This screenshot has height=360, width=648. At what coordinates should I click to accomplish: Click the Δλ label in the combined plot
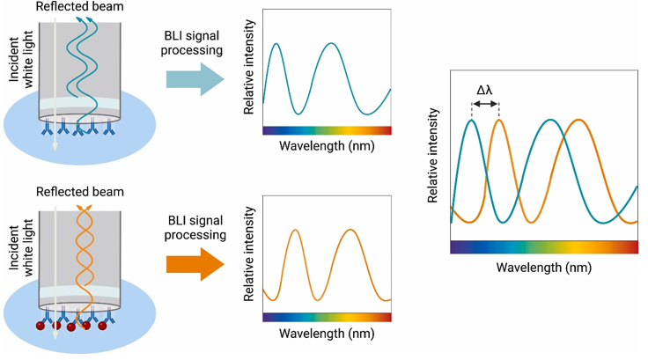click(485, 90)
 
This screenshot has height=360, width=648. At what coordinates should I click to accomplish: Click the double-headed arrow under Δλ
click(486, 105)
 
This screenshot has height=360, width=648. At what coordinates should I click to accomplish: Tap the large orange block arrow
click(195, 263)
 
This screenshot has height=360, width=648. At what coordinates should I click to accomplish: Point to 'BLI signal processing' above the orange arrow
click(195, 225)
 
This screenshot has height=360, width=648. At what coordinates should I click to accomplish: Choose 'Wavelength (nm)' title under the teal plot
click(326, 145)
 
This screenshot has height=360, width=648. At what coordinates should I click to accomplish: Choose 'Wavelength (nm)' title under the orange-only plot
click(326, 333)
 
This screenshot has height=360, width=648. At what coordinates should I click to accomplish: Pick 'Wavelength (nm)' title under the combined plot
click(543, 265)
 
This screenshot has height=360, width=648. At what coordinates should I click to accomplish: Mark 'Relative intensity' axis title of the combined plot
click(434, 157)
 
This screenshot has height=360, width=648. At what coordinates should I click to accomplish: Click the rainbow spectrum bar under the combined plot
click(543, 247)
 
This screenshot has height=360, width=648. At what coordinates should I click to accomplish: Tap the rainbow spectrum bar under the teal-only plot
click(327, 129)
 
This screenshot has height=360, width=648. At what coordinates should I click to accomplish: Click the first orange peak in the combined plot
click(499, 121)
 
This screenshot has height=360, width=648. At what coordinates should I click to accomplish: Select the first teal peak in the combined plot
click(472, 121)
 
